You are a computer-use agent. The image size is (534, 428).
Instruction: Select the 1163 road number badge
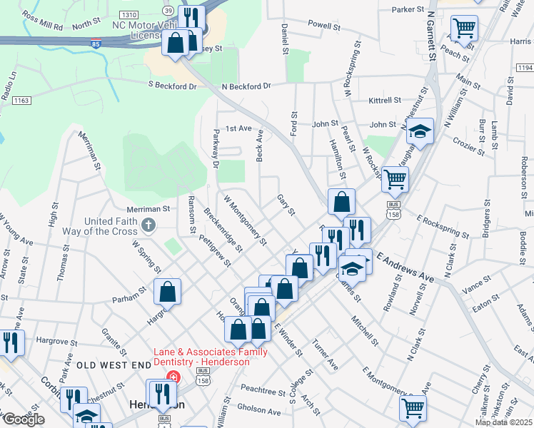pos(21,101)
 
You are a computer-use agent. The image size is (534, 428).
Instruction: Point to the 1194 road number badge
pos(525,68)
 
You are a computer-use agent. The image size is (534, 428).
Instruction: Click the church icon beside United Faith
pos(148,226)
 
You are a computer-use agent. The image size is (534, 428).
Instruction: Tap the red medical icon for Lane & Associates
pos(171,376)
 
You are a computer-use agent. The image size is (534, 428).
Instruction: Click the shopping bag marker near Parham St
pos(166,292)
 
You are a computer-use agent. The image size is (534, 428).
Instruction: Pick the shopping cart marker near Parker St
pos(465,29)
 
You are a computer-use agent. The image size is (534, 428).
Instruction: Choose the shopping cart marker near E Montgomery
pos(413,409)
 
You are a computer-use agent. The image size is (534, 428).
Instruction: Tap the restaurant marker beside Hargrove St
pos(11,343)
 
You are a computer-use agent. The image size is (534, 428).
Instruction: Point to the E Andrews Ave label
pos(405,265)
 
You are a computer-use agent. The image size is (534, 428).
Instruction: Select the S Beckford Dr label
pos(181,86)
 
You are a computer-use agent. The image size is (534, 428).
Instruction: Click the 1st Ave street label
pos(239,128)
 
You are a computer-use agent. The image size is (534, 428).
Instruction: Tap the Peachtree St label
pos(263,392)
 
